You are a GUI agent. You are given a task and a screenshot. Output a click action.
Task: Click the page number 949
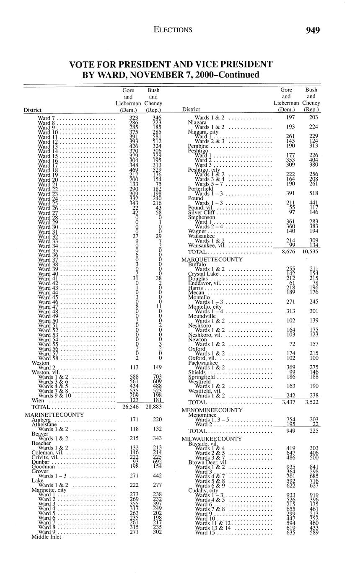coord(313,30)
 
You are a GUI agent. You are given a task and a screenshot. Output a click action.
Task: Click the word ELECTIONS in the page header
coord(173,30)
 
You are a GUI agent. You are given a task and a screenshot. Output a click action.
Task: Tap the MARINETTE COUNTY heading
coord(54,415)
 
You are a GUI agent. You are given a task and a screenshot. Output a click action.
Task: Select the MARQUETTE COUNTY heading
coord(211,260)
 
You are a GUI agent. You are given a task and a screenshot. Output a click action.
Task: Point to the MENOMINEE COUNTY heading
coord(212,410)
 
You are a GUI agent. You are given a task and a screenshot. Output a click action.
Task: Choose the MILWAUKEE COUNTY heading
coord(212,439)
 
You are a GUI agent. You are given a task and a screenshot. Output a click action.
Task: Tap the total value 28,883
coord(153,407)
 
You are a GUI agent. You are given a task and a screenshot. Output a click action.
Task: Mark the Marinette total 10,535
coord(311,252)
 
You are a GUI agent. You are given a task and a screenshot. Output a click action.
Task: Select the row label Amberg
coord(41,419)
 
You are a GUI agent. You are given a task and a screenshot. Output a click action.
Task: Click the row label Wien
coord(38,400)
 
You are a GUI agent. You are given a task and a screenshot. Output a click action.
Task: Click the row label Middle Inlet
coord(46,537)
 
